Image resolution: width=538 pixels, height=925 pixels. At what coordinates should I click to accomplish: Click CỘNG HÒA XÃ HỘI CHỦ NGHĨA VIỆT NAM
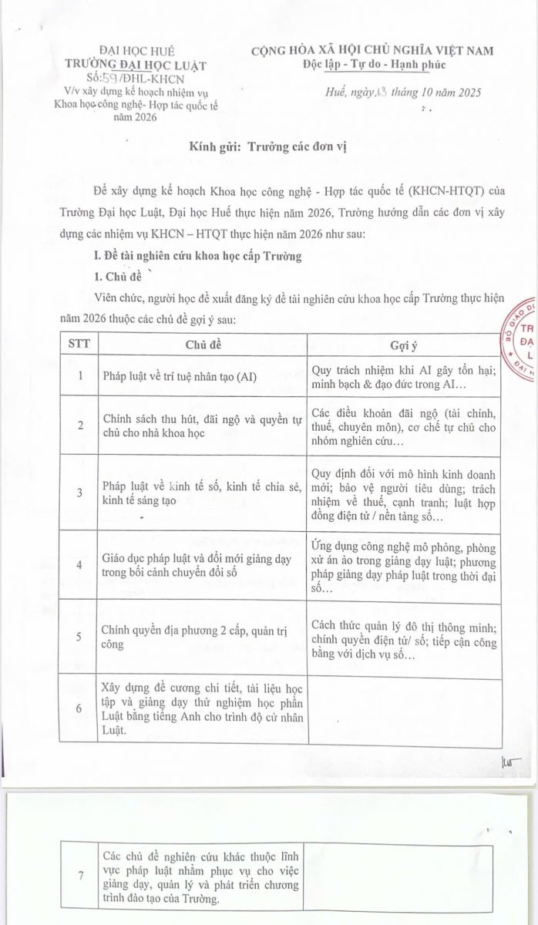pos(373,50)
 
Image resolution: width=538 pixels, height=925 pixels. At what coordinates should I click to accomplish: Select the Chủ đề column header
pos(203,344)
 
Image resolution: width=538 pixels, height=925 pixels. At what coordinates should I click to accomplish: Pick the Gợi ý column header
pos(403,344)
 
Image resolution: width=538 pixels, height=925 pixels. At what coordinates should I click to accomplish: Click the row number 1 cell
pos(80,376)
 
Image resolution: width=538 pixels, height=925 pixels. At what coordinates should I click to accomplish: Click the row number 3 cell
pos(80,493)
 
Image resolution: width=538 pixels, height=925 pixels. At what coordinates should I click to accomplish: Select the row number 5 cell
pos(80,637)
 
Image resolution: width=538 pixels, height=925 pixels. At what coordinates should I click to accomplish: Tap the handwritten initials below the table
pos(511,762)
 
